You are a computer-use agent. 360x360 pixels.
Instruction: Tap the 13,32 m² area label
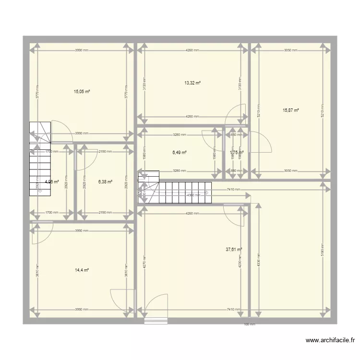[192, 83]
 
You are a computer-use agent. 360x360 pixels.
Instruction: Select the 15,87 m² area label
[291, 110]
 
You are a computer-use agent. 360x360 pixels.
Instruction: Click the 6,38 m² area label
[105, 182]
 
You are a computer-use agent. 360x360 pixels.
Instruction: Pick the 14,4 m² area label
[82, 270]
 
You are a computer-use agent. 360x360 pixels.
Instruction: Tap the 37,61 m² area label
[234, 249]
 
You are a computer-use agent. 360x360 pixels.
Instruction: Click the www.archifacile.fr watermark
[330, 341]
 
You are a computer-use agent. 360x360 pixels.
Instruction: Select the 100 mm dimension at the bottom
[250, 324]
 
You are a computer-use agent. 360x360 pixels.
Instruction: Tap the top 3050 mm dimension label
[290, 50]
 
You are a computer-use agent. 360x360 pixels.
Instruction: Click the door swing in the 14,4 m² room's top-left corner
[42, 232]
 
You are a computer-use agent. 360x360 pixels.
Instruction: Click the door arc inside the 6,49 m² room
[212, 139]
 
